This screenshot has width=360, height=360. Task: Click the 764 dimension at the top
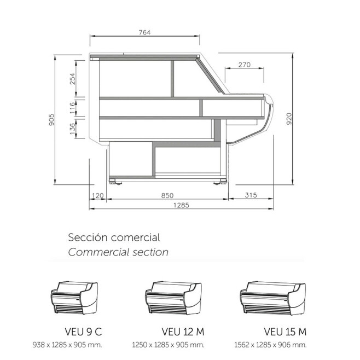pos(144,33)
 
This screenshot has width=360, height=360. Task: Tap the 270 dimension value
pos(244,65)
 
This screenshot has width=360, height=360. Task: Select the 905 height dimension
pos(51,119)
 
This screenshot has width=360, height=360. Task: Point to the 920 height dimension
pos(289,119)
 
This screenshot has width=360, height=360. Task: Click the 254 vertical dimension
pos(73,79)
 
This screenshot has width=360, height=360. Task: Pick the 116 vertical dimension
pos(73,108)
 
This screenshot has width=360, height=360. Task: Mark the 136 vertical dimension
pos(73,129)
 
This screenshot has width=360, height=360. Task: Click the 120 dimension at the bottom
pos(98,196)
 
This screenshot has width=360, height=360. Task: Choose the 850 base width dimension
pos(167,195)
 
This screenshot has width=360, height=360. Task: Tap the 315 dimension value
pos(251,195)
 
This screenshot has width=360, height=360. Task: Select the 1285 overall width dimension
pos(181,205)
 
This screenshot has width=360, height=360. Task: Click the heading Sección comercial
pos(114,237)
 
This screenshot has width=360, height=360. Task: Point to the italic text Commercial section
pos(118,252)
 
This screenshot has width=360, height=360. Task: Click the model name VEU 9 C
pos(83,332)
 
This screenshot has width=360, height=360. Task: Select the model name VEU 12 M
pos(183,332)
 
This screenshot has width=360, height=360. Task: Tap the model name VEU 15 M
pos(285,332)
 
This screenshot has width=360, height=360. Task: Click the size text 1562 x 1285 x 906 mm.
pos(270,345)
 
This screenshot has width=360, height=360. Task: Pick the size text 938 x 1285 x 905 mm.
pos(67,345)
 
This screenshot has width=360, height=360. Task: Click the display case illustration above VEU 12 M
pos(173,298)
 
